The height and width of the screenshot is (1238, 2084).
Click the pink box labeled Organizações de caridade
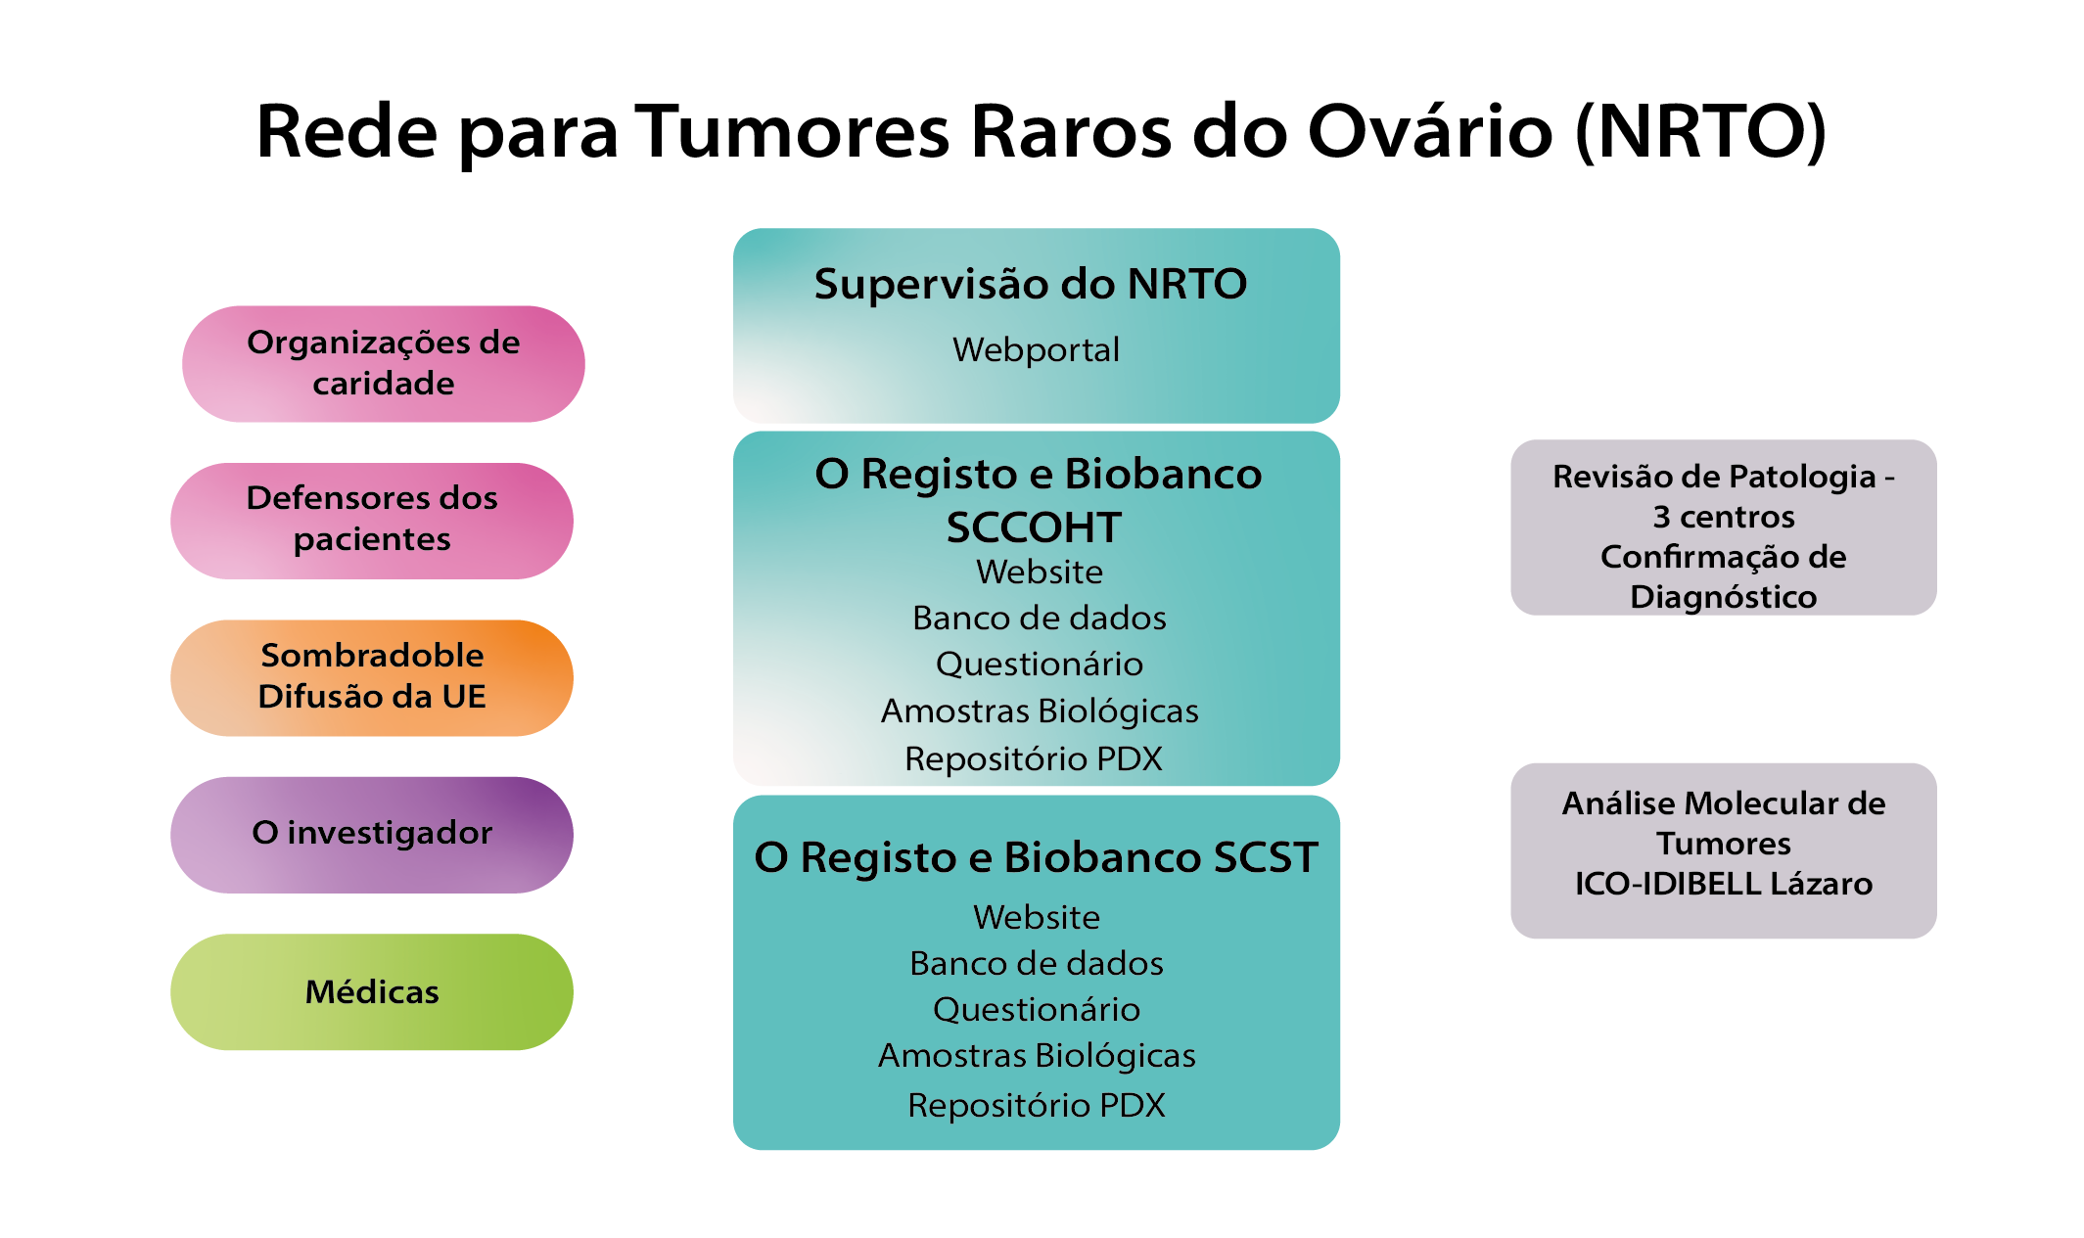click(383, 364)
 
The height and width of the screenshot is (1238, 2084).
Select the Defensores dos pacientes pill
click(372, 521)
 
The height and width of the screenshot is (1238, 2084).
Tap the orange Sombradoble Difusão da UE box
click(372, 677)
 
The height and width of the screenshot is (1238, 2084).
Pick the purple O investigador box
click(372, 835)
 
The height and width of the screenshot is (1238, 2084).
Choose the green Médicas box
click(372, 991)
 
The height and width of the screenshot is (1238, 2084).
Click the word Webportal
click(1036, 349)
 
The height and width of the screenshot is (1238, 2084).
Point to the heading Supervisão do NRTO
click(1031, 284)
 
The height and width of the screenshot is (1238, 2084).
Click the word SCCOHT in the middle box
click(1034, 527)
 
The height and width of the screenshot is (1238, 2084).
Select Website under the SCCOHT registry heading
click(1040, 572)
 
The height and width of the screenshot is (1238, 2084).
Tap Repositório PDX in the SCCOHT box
click(1034, 758)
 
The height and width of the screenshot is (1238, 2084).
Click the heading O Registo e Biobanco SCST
click(1037, 857)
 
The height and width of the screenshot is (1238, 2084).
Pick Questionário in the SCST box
click(1037, 1009)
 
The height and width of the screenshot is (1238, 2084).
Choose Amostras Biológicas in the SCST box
click(1037, 1056)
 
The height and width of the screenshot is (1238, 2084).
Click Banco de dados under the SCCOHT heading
click(1040, 618)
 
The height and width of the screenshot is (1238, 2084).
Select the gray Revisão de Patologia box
click(1724, 527)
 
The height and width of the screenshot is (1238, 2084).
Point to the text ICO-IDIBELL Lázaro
click(1724, 884)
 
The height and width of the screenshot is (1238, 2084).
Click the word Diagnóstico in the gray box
click(1724, 597)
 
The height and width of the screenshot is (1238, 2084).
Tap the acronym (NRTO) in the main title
click(1701, 131)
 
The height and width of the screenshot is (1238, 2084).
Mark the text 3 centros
click(1724, 517)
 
